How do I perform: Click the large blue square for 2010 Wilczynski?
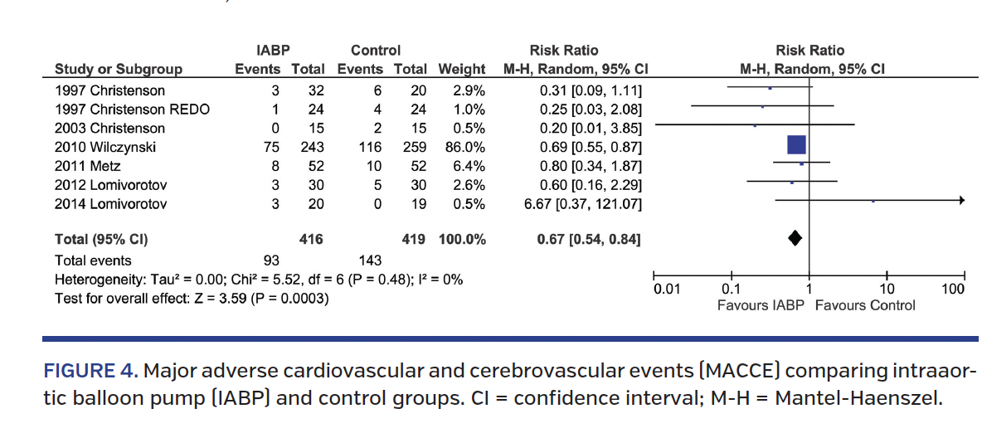pyautogui.click(x=796, y=145)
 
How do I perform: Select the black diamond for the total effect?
pyautogui.click(x=795, y=239)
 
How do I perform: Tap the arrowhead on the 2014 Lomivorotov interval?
pyautogui.click(x=960, y=201)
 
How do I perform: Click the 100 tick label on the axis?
pyautogui.click(x=953, y=290)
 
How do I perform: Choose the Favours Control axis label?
pyautogui.click(x=865, y=305)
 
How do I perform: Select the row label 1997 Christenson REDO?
pyautogui.click(x=132, y=109)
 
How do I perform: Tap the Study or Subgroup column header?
pyautogui.click(x=119, y=69)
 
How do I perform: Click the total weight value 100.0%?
pyautogui.click(x=462, y=240)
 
